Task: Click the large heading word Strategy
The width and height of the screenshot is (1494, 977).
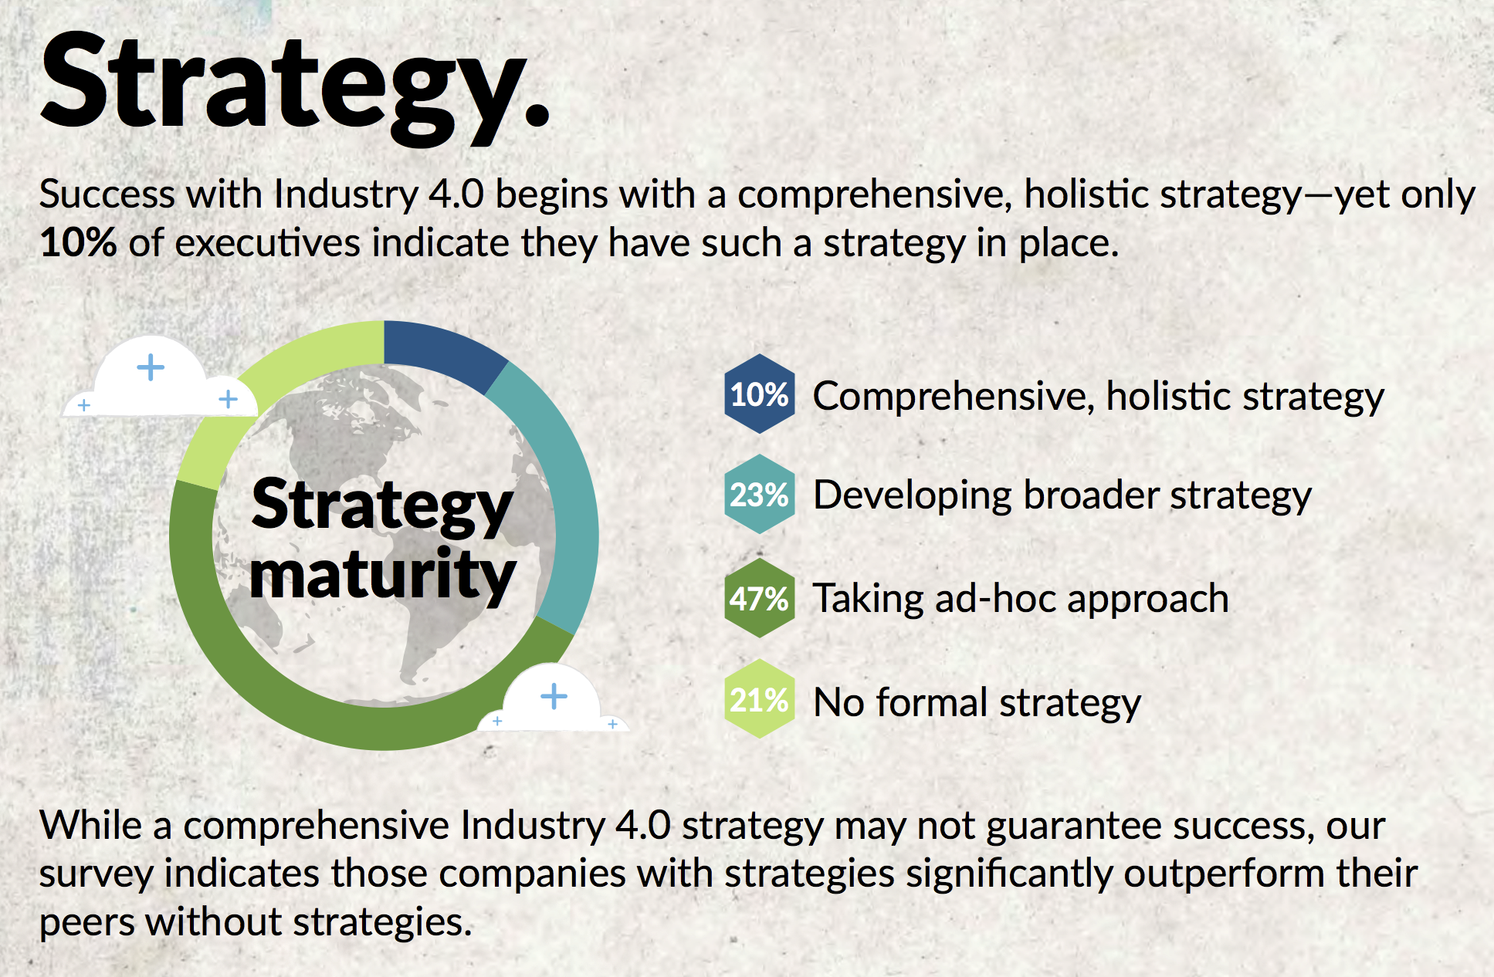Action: tap(295, 85)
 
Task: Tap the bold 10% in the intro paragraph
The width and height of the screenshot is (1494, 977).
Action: tap(78, 242)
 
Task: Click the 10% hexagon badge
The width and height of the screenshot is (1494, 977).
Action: tap(760, 394)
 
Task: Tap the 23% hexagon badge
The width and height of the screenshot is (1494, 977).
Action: tap(760, 494)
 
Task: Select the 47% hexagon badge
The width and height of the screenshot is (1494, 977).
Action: tap(760, 598)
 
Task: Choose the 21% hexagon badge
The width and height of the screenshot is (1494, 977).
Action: tap(760, 699)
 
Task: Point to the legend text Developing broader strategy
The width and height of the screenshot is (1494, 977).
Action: tap(1062, 495)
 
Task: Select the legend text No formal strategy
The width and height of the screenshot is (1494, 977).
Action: tap(977, 702)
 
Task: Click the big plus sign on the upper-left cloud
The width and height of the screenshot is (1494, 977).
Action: tap(151, 367)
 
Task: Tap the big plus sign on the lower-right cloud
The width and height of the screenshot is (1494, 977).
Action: tap(554, 696)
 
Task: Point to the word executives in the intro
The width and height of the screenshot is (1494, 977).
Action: tap(268, 242)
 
